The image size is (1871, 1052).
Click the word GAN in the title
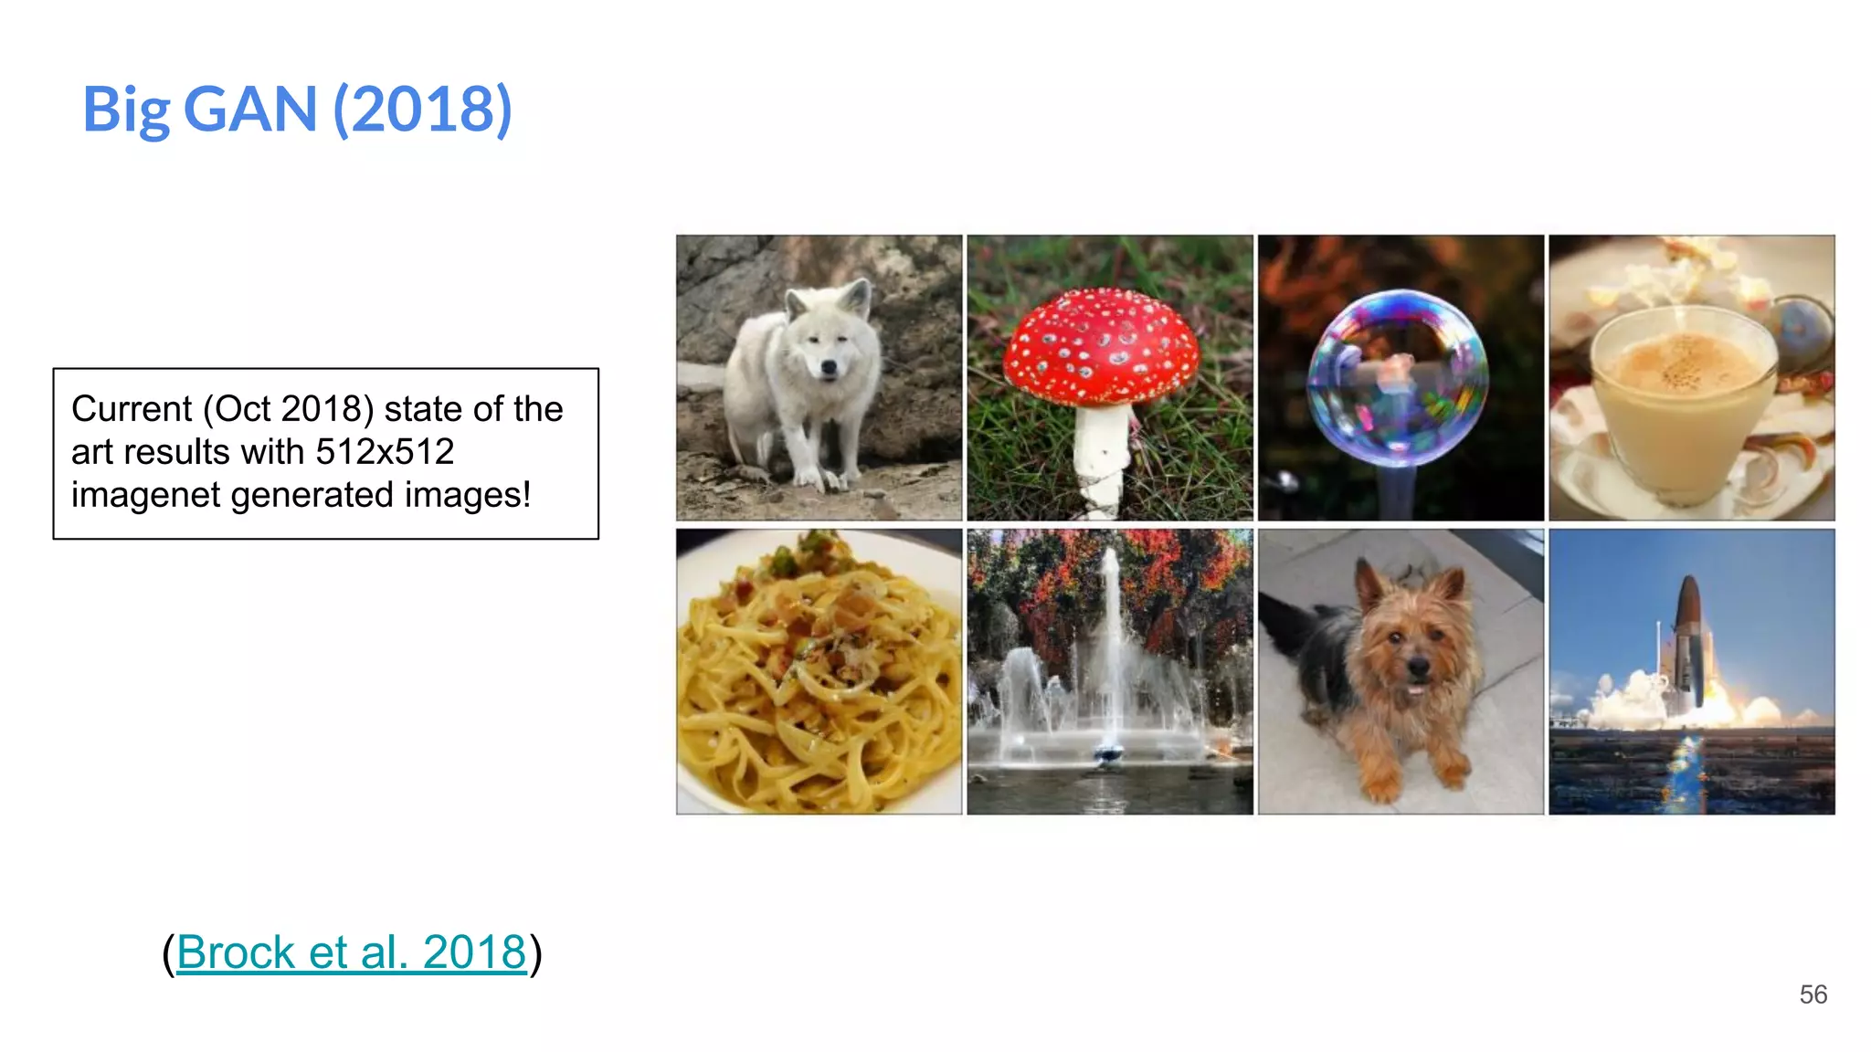(x=250, y=110)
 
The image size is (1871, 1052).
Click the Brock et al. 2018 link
(x=352, y=952)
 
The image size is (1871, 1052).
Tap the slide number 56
(x=1813, y=994)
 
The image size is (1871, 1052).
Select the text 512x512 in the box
(x=385, y=452)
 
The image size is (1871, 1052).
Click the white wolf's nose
(x=828, y=367)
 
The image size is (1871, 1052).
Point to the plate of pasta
(x=818, y=676)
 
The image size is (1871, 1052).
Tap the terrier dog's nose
(x=1418, y=668)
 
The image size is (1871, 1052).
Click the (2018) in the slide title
(x=422, y=110)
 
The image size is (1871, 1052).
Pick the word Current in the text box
(x=132, y=409)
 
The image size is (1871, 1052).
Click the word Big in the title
(x=126, y=110)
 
